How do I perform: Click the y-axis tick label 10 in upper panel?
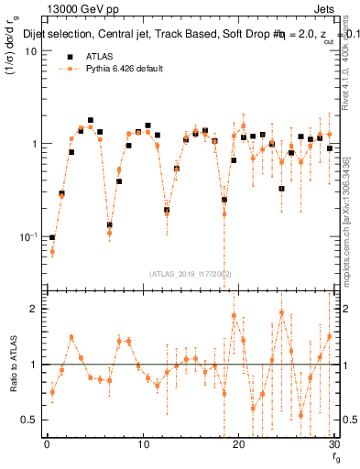tap(31, 51)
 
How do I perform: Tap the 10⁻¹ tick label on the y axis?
tap(27, 236)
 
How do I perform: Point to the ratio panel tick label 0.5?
tap(29, 420)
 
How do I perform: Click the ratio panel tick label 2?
tap(34, 309)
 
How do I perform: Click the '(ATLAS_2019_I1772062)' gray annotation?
tap(191, 273)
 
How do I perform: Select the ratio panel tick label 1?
tap(34, 365)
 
